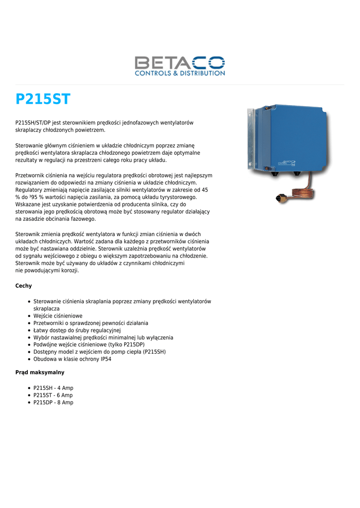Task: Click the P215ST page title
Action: (x=43, y=99)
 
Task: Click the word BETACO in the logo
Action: (x=180, y=63)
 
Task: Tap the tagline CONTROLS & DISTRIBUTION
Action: (x=180, y=73)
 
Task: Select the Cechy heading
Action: (x=24, y=286)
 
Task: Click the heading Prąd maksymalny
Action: (x=40, y=372)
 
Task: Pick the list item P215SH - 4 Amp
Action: (x=53, y=388)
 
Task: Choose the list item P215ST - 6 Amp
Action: (x=53, y=395)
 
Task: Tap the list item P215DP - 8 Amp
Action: (x=53, y=403)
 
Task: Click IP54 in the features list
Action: (x=106, y=359)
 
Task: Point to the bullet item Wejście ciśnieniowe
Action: (x=58, y=316)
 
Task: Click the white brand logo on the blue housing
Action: (x=287, y=162)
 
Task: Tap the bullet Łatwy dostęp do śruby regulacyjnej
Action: (x=77, y=330)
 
